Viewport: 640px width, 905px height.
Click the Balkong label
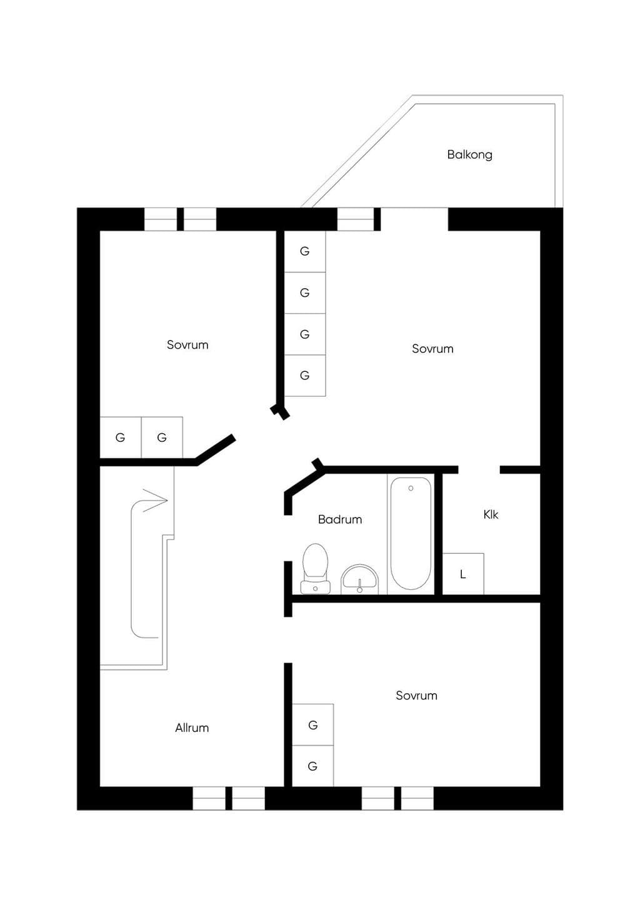coord(469,155)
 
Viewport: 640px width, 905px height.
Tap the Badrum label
coord(340,519)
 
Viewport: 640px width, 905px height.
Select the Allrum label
coord(192,727)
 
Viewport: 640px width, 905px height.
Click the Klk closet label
coord(491,514)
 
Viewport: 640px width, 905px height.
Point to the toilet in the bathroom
coord(315,569)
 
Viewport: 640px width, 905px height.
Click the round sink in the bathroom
coord(359,580)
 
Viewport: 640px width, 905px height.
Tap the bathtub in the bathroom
coord(411,534)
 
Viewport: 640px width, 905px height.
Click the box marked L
coord(463,574)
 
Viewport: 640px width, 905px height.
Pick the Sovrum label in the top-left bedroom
coord(187,344)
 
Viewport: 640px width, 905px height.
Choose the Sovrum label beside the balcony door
coord(432,349)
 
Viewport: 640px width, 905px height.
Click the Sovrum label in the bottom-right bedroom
coord(416,696)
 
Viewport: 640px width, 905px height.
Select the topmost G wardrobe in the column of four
coord(305,251)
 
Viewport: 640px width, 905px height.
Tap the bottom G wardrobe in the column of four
coord(305,376)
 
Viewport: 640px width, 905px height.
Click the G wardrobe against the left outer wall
coord(121,437)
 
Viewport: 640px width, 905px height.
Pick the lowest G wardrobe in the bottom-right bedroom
coord(312,766)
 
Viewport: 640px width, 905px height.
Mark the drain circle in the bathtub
coord(411,489)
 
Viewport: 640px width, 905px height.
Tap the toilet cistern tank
coord(315,587)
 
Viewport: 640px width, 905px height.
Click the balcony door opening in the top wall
coord(414,219)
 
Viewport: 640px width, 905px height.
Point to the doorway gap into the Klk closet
coord(479,469)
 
